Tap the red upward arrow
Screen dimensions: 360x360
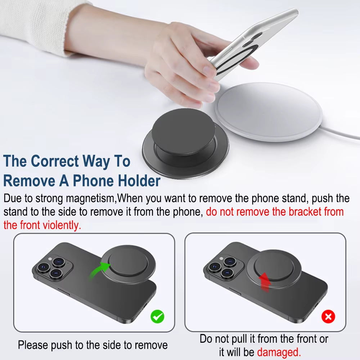[265, 282]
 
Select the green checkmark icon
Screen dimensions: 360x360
[157, 316]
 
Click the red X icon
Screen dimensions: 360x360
[328, 316]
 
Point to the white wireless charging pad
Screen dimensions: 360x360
[268, 112]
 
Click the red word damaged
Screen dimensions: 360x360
[279, 352]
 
